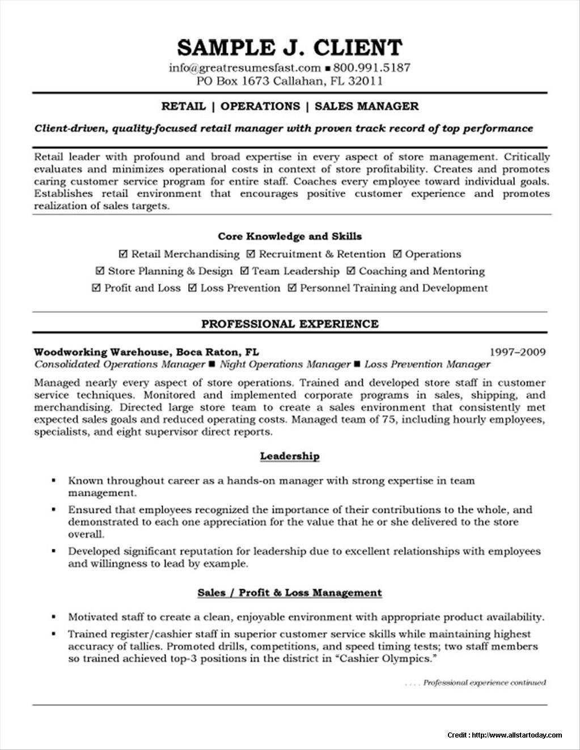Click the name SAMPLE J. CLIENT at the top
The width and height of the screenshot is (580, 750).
(x=290, y=47)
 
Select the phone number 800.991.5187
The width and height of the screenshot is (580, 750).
(x=371, y=68)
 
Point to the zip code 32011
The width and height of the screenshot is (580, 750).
(x=366, y=81)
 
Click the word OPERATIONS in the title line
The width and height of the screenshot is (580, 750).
(x=260, y=106)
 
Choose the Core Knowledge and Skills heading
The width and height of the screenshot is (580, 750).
(x=290, y=236)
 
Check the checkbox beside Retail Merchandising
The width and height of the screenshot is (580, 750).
(x=124, y=254)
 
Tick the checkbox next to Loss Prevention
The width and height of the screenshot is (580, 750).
(x=193, y=288)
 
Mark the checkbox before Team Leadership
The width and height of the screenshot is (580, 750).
(x=244, y=271)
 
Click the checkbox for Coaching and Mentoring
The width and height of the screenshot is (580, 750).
(x=351, y=271)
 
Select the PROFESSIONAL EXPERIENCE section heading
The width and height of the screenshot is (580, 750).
(x=290, y=324)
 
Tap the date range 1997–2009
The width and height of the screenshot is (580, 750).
(x=517, y=352)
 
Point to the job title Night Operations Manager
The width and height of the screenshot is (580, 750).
(x=285, y=364)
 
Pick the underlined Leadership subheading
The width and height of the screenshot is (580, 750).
(x=290, y=456)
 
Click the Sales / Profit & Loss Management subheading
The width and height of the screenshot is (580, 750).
(x=290, y=593)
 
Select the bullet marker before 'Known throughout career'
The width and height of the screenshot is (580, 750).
(x=53, y=480)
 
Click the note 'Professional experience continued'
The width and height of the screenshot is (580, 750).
(x=484, y=683)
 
